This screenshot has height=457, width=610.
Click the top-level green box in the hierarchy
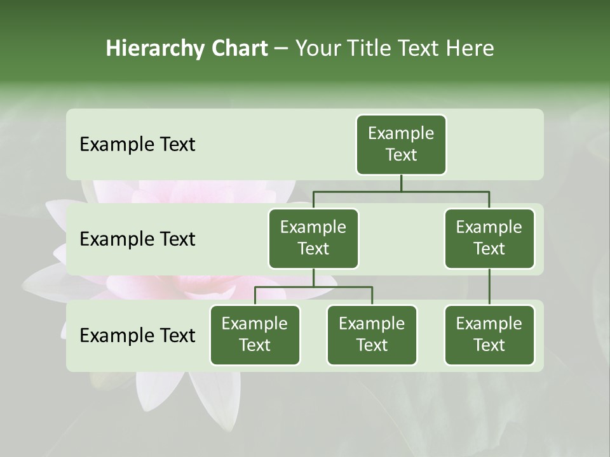point(401,145)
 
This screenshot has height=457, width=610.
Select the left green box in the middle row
point(313,239)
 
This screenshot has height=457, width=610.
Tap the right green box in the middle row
point(489,239)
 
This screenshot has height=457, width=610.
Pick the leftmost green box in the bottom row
point(255,335)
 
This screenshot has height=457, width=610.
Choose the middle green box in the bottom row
point(372,335)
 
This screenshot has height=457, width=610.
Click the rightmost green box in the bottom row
point(489,335)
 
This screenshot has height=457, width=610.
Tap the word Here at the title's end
point(470,48)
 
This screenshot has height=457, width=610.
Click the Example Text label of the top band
point(137,145)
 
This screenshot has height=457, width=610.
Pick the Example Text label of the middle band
point(137,239)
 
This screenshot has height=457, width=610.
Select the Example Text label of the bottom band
point(137,335)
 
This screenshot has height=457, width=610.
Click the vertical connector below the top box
point(401,183)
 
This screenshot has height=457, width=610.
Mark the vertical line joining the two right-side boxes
point(489,287)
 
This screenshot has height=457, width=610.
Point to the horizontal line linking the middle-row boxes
point(400,190)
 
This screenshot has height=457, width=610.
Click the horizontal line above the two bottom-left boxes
point(313,287)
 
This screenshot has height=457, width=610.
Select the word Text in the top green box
point(401,155)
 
